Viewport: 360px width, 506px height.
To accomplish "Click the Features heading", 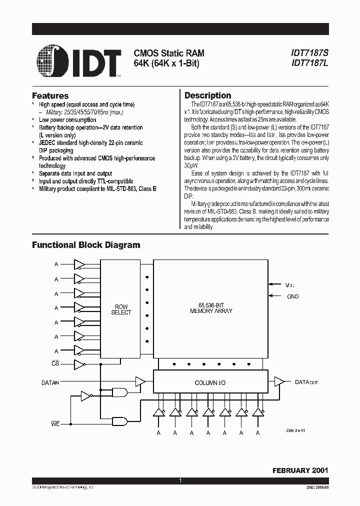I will point(50,95).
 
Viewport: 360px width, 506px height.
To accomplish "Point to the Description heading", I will point(207,95).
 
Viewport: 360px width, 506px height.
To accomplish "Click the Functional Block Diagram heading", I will point(86,245).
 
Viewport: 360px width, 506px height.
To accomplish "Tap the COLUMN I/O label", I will point(210,382).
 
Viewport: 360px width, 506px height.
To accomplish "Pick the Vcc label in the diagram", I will point(290,285).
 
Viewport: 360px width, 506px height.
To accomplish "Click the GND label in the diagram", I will point(292,296).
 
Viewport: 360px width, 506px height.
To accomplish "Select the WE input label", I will point(55,423).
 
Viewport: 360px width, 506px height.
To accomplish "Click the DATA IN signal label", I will point(50,382).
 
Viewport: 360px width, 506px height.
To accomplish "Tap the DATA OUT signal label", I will point(306,382).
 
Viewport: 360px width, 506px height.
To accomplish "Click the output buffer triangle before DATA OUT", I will point(279,382).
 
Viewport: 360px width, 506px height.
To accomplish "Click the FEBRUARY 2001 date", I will point(299,470).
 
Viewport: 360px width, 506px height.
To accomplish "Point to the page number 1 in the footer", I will point(180,480).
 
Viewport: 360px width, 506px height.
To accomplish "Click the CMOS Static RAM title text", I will point(168,53).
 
